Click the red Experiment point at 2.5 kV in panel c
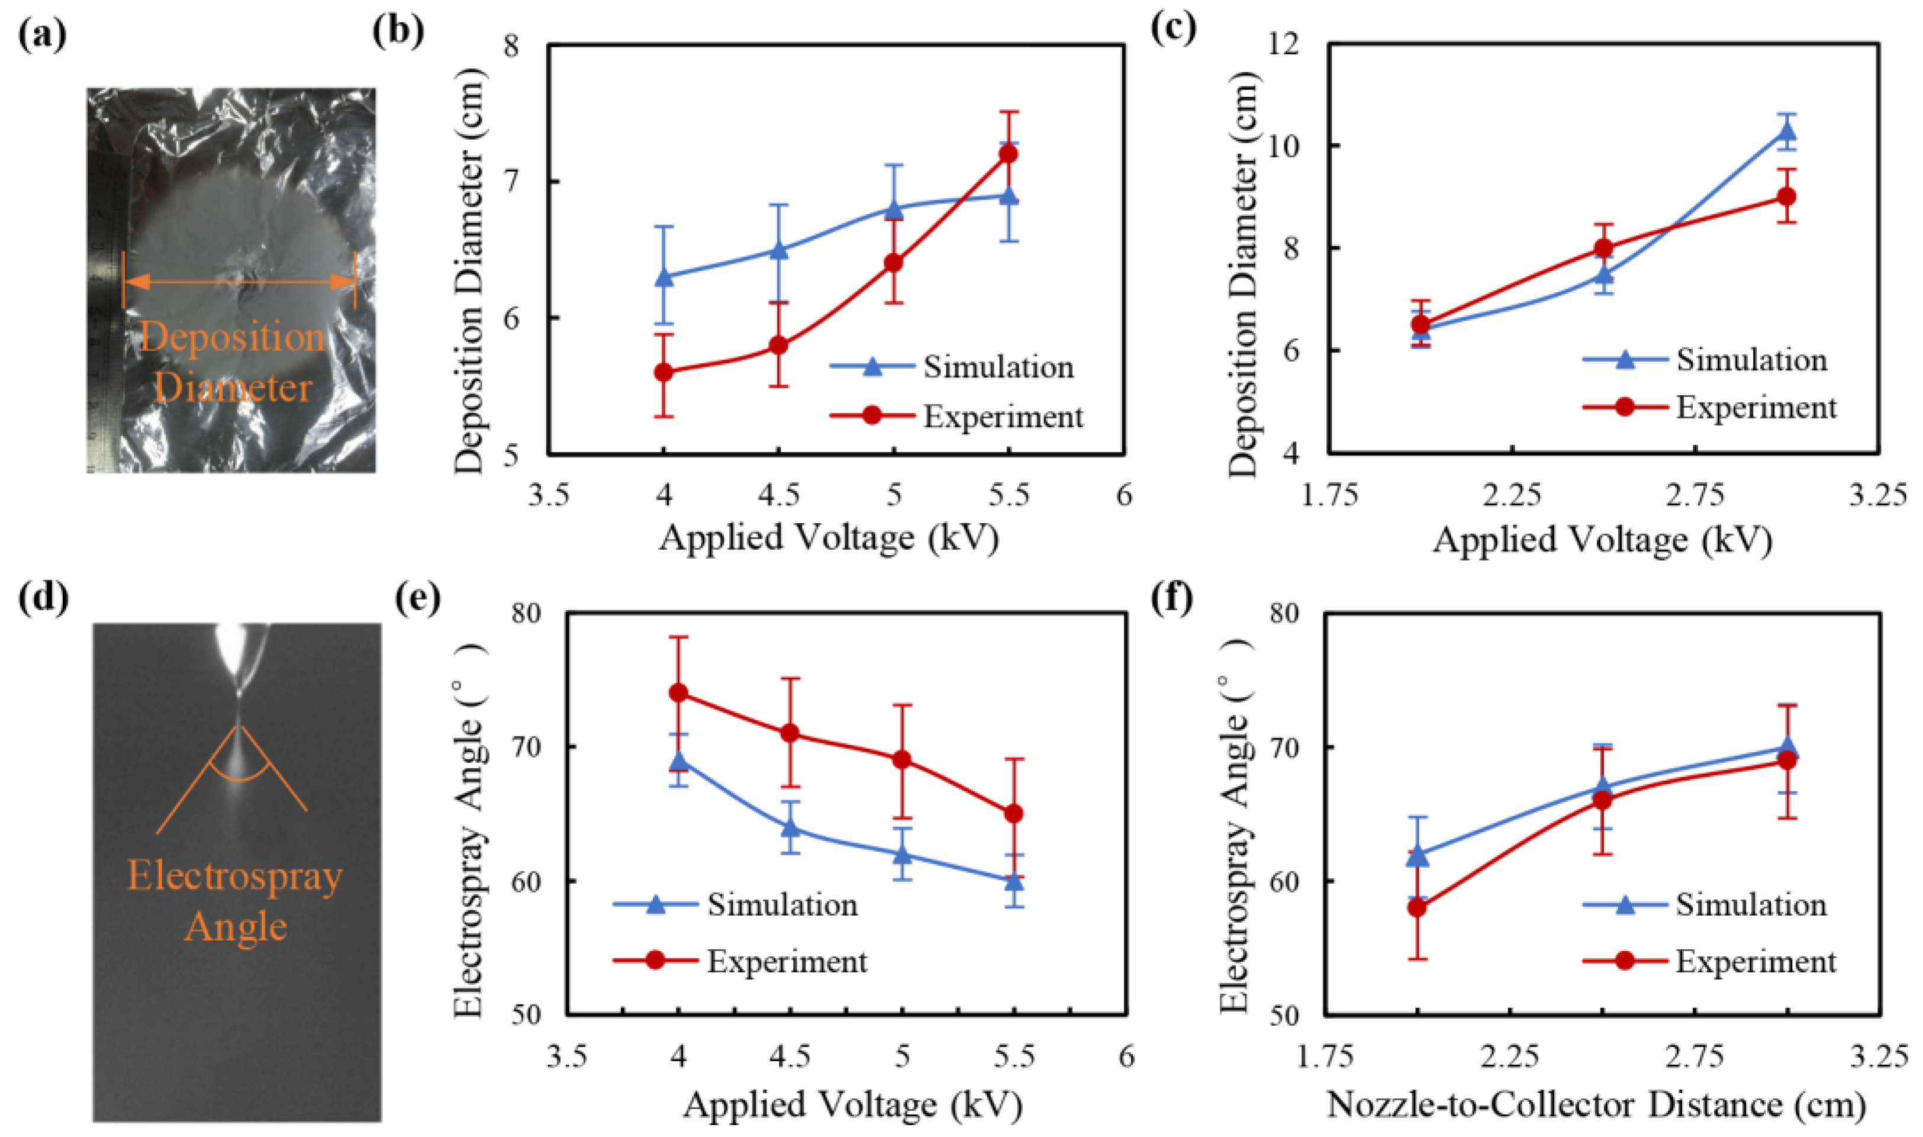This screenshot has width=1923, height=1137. tap(1603, 248)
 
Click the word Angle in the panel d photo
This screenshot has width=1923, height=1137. tap(236, 926)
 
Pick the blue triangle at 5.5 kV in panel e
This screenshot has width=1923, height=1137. tap(1014, 881)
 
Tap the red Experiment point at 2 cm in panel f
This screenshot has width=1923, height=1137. tap(1418, 908)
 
